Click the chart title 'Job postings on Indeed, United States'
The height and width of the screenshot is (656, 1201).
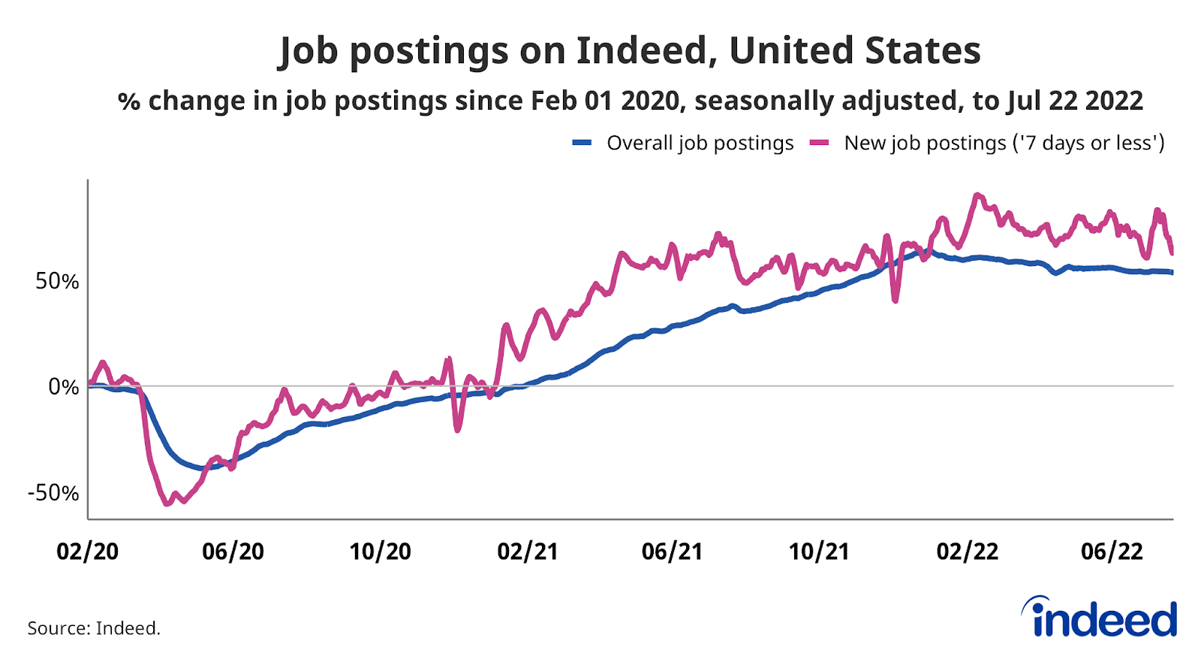coord(629,51)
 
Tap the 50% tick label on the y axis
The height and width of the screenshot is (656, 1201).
coord(57,282)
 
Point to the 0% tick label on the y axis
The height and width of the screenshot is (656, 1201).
coord(63,387)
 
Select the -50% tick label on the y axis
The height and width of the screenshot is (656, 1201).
coord(53,494)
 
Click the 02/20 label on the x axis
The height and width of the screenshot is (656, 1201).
coord(88,552)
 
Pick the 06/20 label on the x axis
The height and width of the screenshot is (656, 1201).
coord(233,552)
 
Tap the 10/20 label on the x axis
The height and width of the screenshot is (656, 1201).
coord(380,552)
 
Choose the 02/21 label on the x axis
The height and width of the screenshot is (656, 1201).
coord(528,552)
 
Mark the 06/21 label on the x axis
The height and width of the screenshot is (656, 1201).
coord(672,552)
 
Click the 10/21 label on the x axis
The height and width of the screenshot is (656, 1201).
coord(818,552)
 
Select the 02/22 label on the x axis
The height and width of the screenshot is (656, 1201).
coord(967,552)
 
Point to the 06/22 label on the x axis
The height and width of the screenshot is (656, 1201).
coord(1112,552)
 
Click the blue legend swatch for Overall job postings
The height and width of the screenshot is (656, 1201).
coord(582,143)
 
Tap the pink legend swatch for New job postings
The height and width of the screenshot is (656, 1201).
coord(819,143)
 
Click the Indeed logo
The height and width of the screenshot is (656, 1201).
coord(1100,618)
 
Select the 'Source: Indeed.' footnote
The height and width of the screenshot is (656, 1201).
coord(94,628)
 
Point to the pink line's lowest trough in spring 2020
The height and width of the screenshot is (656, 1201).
coord(167,503)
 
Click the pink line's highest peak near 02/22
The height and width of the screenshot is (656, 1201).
coord(977,195)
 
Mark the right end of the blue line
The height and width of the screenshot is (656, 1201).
coord(1172,272)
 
